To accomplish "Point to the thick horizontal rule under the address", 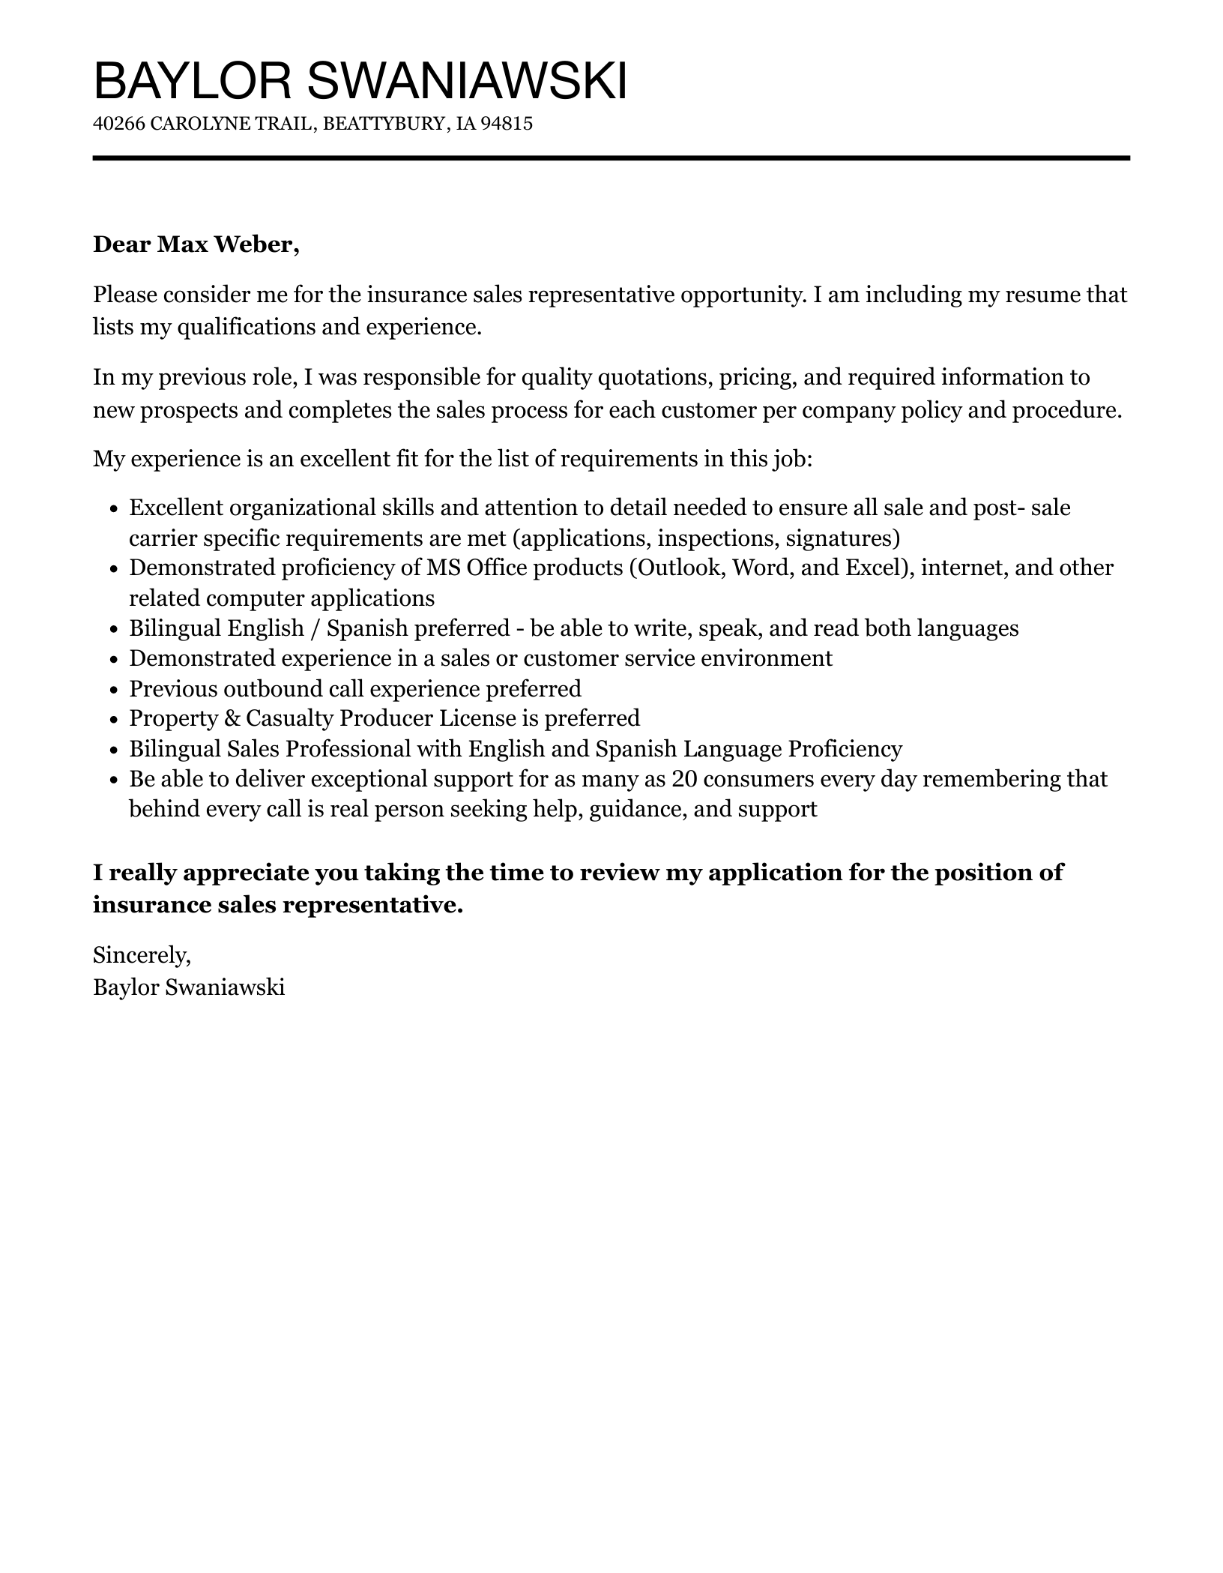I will (611, 158).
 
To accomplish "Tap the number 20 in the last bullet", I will (685, 779).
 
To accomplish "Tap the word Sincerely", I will (142, 954).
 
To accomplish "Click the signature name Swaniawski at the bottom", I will (224, 987).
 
